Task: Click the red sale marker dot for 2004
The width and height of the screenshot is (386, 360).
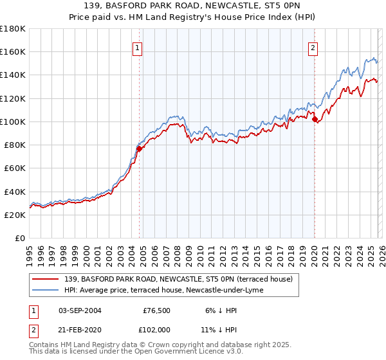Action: coord(139,148)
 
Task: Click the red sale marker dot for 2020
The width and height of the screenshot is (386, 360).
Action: coord(315,119)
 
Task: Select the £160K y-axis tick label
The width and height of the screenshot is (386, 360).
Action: coord(13,51)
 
